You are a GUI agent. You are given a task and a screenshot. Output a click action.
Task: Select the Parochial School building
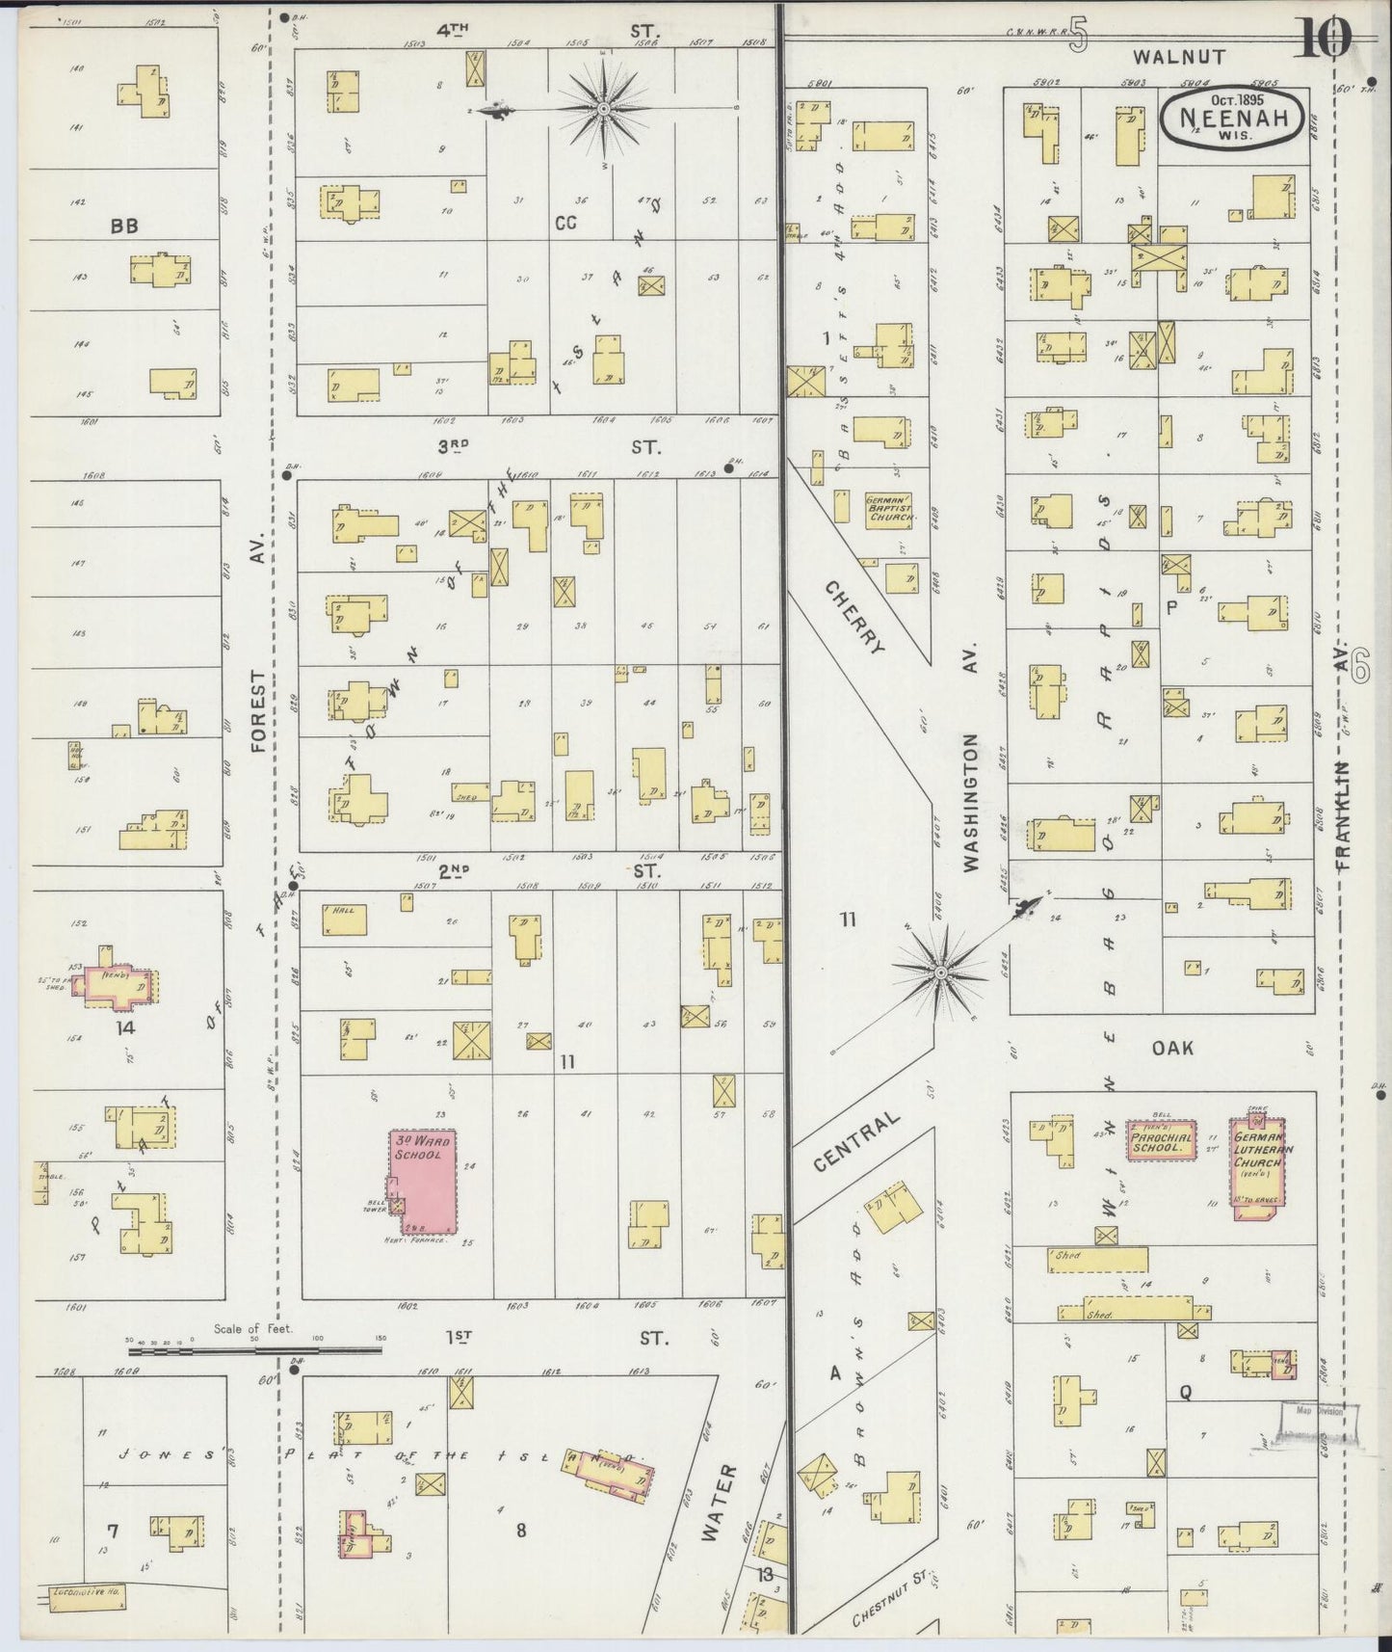click(1162, 1142)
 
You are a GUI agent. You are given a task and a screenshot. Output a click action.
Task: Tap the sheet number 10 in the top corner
click(1324, 39)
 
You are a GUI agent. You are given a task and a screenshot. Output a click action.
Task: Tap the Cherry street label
click(854, 617)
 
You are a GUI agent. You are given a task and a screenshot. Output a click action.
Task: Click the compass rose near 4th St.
click(604, 109)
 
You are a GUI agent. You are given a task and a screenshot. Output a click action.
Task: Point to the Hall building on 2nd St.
click(344, 919)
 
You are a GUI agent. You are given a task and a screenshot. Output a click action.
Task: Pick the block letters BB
click(123, 226)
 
